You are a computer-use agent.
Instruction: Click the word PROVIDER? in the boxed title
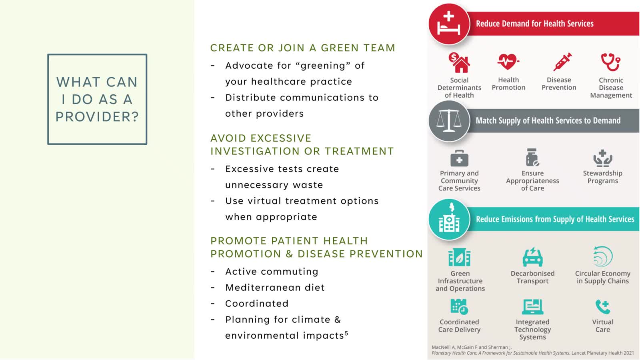97,116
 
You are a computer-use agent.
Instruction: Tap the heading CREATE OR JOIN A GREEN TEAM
303,48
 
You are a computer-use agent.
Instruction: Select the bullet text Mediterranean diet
275,288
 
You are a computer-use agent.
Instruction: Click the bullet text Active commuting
272,272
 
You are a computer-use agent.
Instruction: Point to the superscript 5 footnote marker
346,333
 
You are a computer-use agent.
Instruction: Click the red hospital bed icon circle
449,24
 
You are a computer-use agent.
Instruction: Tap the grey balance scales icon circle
449,121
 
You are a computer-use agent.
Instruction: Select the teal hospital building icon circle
449,220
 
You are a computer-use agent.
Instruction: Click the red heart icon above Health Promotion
508,62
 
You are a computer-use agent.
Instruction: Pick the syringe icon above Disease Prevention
562,62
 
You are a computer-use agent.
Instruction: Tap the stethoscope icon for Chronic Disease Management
610,62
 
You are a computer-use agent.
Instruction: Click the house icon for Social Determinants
459,62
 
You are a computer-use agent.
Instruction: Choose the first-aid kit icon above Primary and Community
459,158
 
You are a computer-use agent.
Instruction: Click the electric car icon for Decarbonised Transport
532,257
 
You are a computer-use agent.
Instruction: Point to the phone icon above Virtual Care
602,307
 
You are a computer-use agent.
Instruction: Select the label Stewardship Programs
602,177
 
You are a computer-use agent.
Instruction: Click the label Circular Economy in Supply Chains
602,277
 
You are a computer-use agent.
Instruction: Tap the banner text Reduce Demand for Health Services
534,24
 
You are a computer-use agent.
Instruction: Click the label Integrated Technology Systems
532,330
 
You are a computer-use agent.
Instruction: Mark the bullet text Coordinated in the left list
257,304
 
